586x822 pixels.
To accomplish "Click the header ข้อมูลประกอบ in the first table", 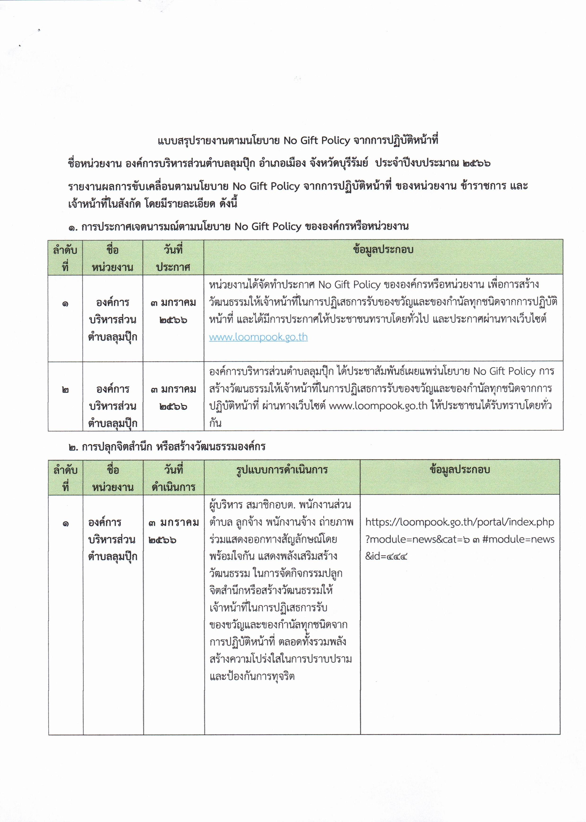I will click(x=383, y=250).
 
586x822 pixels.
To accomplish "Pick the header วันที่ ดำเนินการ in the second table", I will click(x=174, y=479).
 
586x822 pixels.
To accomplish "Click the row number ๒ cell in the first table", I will click(x=65, y=390).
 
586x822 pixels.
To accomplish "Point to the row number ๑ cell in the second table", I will click(x=65, y=523).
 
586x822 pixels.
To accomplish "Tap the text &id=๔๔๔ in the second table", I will click(x=386, y=556).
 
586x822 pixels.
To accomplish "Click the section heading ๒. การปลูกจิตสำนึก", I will click(x=167, y=447).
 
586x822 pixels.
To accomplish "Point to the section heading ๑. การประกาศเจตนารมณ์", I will click(x=238, y=227).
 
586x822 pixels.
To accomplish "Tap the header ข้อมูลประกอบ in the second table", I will click(x=460, y=470).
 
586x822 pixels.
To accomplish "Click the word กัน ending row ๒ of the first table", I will click(x=215, y=423).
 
